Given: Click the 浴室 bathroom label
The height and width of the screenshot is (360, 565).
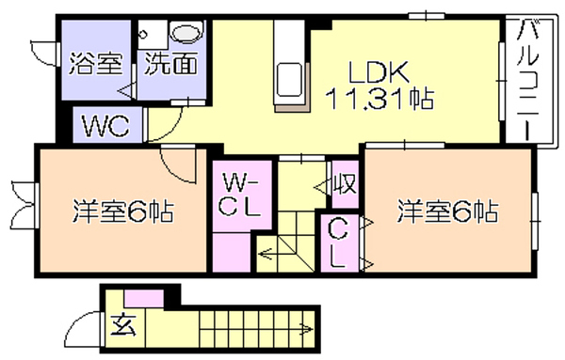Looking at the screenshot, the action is pyautogui.click(x=96, y=64).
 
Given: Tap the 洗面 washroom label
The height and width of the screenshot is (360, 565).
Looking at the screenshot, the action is pyautogui.click(x=170, y=64).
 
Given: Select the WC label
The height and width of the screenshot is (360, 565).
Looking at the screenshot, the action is pyautogui.click(x=105, y=126).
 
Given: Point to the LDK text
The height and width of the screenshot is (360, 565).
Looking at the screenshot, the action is pyautogui.click(x=379, y=72).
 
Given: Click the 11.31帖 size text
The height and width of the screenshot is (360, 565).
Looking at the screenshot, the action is pyautogui.click(x=379, y=98).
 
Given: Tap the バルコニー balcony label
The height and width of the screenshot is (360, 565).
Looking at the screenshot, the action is pyautogui.click(x=527, y=80).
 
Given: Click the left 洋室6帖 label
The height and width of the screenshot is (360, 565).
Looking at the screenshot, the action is pyautogui.click(x=123, y=211).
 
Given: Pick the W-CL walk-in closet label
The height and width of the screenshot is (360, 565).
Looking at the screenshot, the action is pyautogui.click(x=240, y=195).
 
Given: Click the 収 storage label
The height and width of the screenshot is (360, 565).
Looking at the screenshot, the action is pyautogui.click(x=345, y=184).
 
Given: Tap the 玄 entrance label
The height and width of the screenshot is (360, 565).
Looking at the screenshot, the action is pyautogui.click(x=123, y=325).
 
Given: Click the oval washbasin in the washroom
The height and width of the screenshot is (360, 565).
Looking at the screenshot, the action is pyautogui.click(x=186, y=32).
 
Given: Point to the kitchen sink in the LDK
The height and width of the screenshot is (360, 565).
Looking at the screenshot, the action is pyautogui.click(x=288, y=80).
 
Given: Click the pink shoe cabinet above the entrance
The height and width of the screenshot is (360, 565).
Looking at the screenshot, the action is pyautogui.click(x=144, y=298).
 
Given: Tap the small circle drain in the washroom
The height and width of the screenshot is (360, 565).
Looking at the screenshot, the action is pyautogui.click(x=143, y=35).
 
